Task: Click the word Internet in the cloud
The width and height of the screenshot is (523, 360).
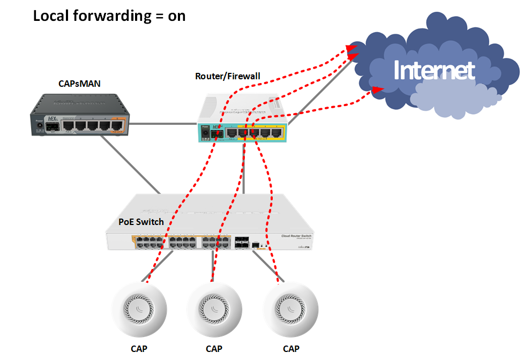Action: coord(434,70)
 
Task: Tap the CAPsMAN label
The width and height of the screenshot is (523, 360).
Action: coord(79,84)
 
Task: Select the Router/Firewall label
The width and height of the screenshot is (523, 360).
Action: coord(228,76)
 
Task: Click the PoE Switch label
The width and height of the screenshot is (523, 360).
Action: coord(141,222)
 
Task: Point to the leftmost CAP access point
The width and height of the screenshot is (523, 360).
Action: coord(139,308)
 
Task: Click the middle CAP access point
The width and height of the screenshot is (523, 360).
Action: coord(214,308)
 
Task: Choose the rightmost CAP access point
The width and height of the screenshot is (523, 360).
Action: coord(290,308)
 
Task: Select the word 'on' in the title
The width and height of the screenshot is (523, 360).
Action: coord(176,16)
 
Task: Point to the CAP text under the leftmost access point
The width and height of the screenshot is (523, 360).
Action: coord(139,349)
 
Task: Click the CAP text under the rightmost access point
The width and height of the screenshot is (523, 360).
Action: coord(291,349)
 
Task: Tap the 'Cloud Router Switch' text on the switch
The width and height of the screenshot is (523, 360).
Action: coord(296,236)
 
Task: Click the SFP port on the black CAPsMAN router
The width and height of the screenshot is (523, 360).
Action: coord(52,127)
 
